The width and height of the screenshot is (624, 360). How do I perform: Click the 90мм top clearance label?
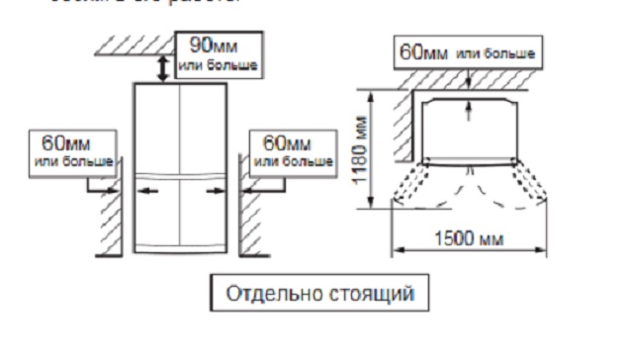(x=219, y=54)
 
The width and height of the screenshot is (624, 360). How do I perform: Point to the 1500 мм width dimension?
(x=470, y=241)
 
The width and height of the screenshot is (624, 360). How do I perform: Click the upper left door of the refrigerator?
(x=154, y=129)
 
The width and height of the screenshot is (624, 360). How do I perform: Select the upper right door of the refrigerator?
(x=203, y=129)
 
